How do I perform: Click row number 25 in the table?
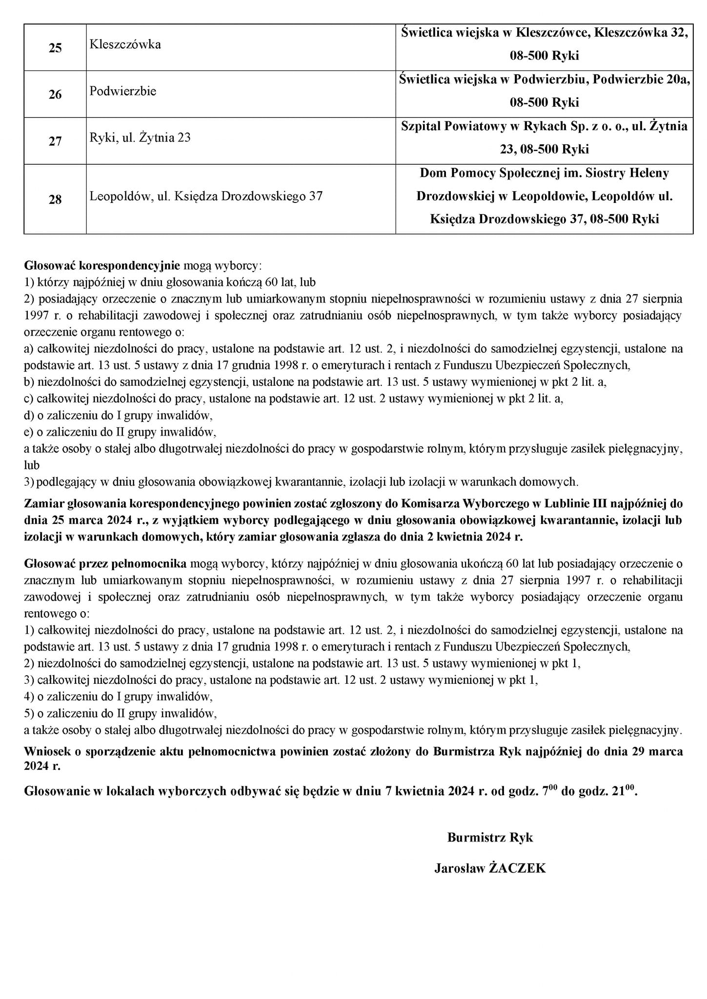click(55, 48)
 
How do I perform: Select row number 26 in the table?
click(55, 94)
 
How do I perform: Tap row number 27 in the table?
click(55, 141)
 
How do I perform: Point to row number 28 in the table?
click(55, 200)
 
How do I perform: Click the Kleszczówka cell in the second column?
click(125, 44)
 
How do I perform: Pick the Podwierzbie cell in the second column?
click(123, 91)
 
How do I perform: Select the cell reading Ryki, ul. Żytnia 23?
click(140, 138)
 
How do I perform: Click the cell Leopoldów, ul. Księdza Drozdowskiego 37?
click(206, 196)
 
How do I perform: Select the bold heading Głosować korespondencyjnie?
click(102, 266)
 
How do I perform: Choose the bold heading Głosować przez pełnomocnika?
click(105, 564)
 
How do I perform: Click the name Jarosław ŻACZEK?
click(490, 868)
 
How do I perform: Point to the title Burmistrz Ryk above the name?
click(490, 838)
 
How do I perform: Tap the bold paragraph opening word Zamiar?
click(42, 503)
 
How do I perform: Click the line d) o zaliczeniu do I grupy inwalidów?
click(119, 416)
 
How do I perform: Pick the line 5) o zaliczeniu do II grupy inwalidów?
click(120, 713)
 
